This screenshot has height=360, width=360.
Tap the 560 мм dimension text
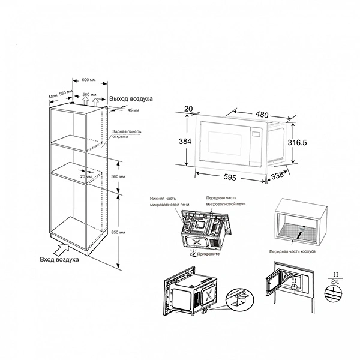click(90, 95)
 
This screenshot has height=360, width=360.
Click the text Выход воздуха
click(131, 98)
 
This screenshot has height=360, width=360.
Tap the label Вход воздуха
click(61, 259)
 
